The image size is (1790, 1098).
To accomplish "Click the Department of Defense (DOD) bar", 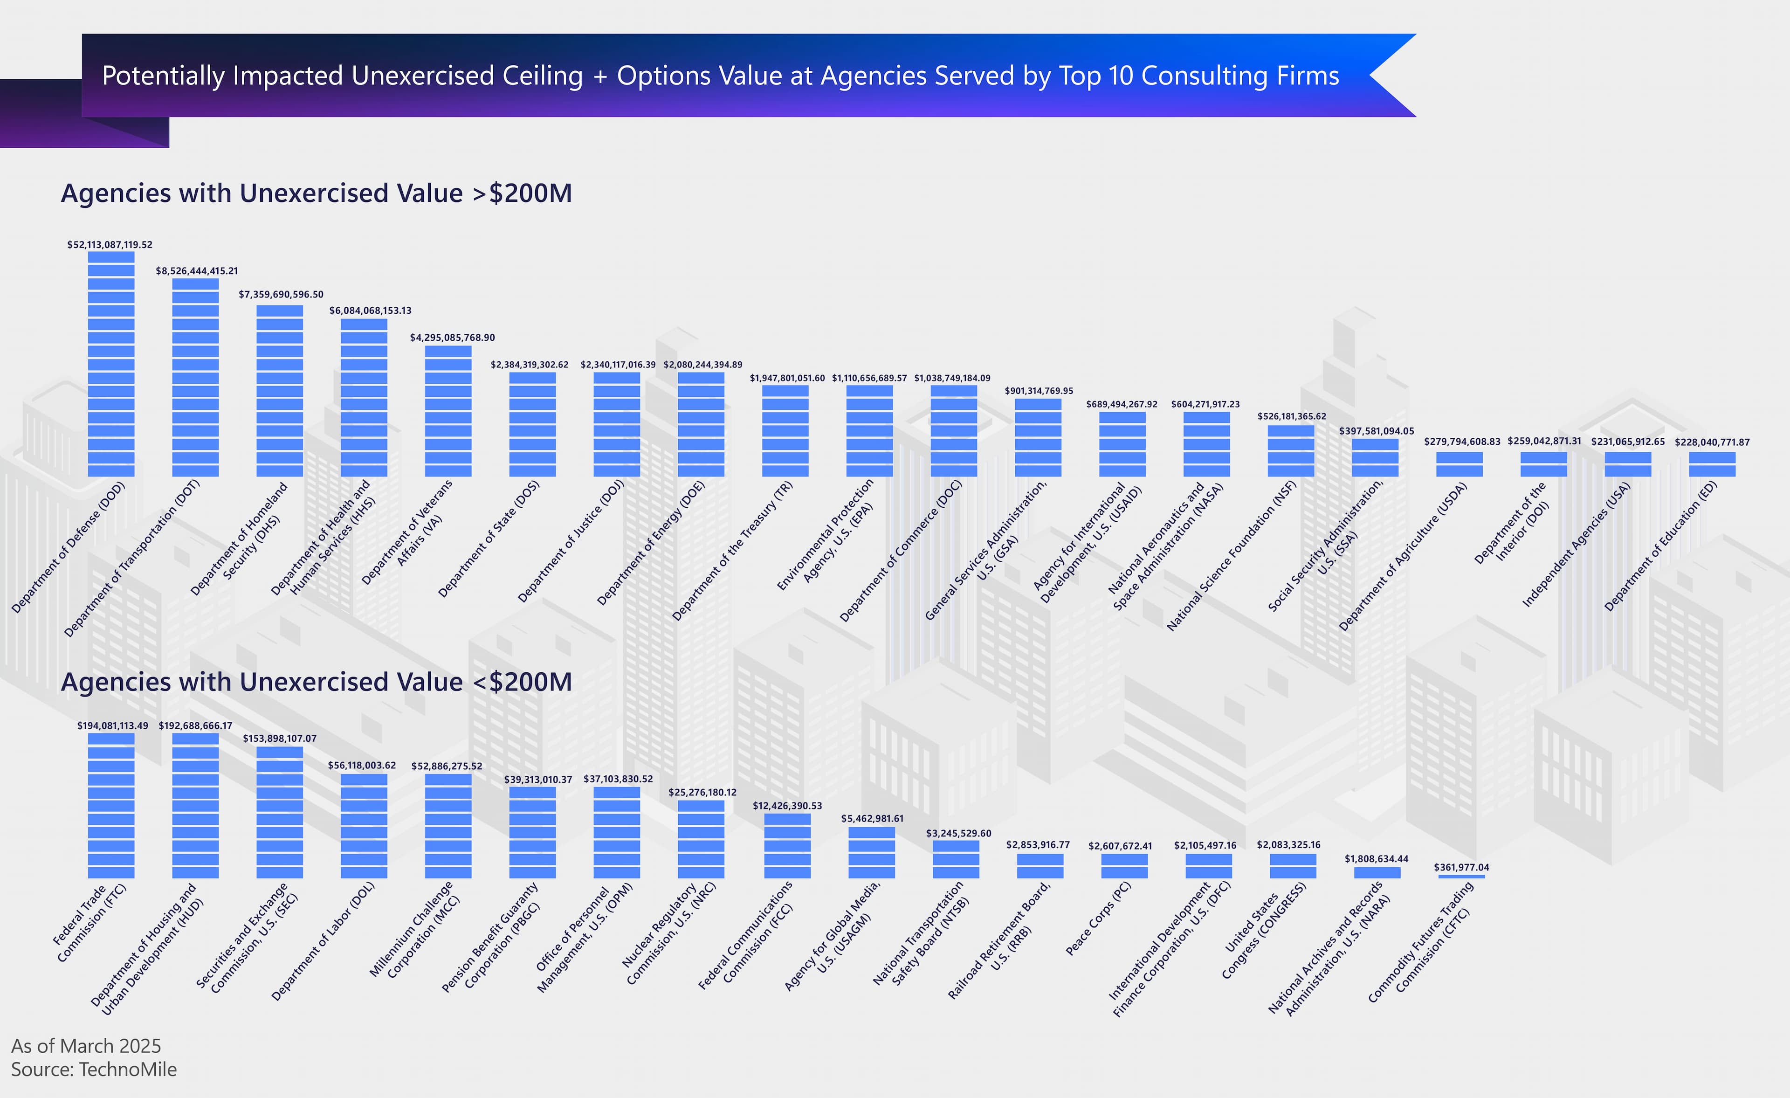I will click(111, 363).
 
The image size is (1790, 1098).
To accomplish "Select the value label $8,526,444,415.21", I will click(197, 271).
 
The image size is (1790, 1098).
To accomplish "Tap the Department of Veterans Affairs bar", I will click(448, 411).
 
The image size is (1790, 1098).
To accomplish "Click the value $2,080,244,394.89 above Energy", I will click(702, 365).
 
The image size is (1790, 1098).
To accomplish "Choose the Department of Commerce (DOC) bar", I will click(954, 430).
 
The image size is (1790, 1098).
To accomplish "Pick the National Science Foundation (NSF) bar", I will click(1291, 450).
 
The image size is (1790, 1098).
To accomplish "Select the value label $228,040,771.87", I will click(1712, 442).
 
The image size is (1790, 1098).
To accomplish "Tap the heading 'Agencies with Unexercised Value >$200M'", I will click(316, 193).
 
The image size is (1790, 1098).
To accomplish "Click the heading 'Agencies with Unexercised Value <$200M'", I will click(316, 682).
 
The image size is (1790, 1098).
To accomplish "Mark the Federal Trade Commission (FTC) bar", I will click(111, 805).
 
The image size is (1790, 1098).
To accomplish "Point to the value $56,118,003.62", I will click(362, 765).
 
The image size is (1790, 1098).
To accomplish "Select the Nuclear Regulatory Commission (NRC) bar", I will click(701, 839).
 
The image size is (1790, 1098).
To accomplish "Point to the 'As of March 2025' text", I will click(86, 1046).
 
